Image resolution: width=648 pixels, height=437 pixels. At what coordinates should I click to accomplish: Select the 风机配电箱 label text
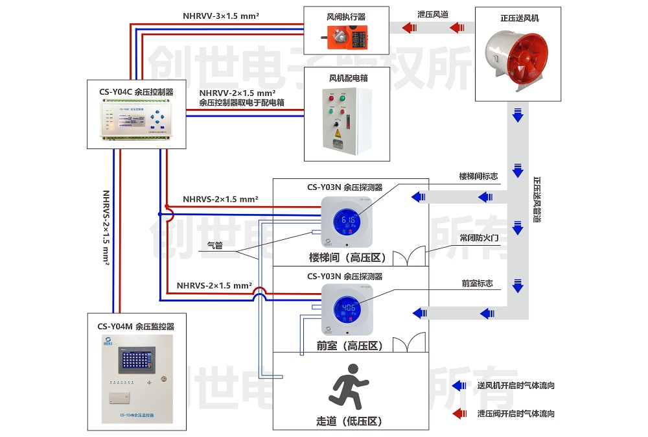click(x=347, y=78)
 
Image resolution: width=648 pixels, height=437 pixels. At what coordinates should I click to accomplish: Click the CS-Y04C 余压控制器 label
click(x=136, y=92)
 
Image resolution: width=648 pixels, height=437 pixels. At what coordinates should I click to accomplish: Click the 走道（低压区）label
click(x=350, y=421)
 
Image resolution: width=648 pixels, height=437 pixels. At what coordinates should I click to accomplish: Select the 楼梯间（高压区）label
click(x=349, y=257)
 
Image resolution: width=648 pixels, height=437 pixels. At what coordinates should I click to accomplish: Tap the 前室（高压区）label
click(x=350, y=346)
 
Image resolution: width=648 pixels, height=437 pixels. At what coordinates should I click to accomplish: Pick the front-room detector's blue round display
click(x=349, y=309)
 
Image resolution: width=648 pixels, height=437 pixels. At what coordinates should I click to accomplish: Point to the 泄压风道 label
click(x=432, y=14)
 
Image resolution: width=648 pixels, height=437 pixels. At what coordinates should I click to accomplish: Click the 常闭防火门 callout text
click(x=479, y=237)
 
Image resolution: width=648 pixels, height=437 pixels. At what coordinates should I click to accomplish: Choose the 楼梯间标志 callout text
click(x=479, y=176)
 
